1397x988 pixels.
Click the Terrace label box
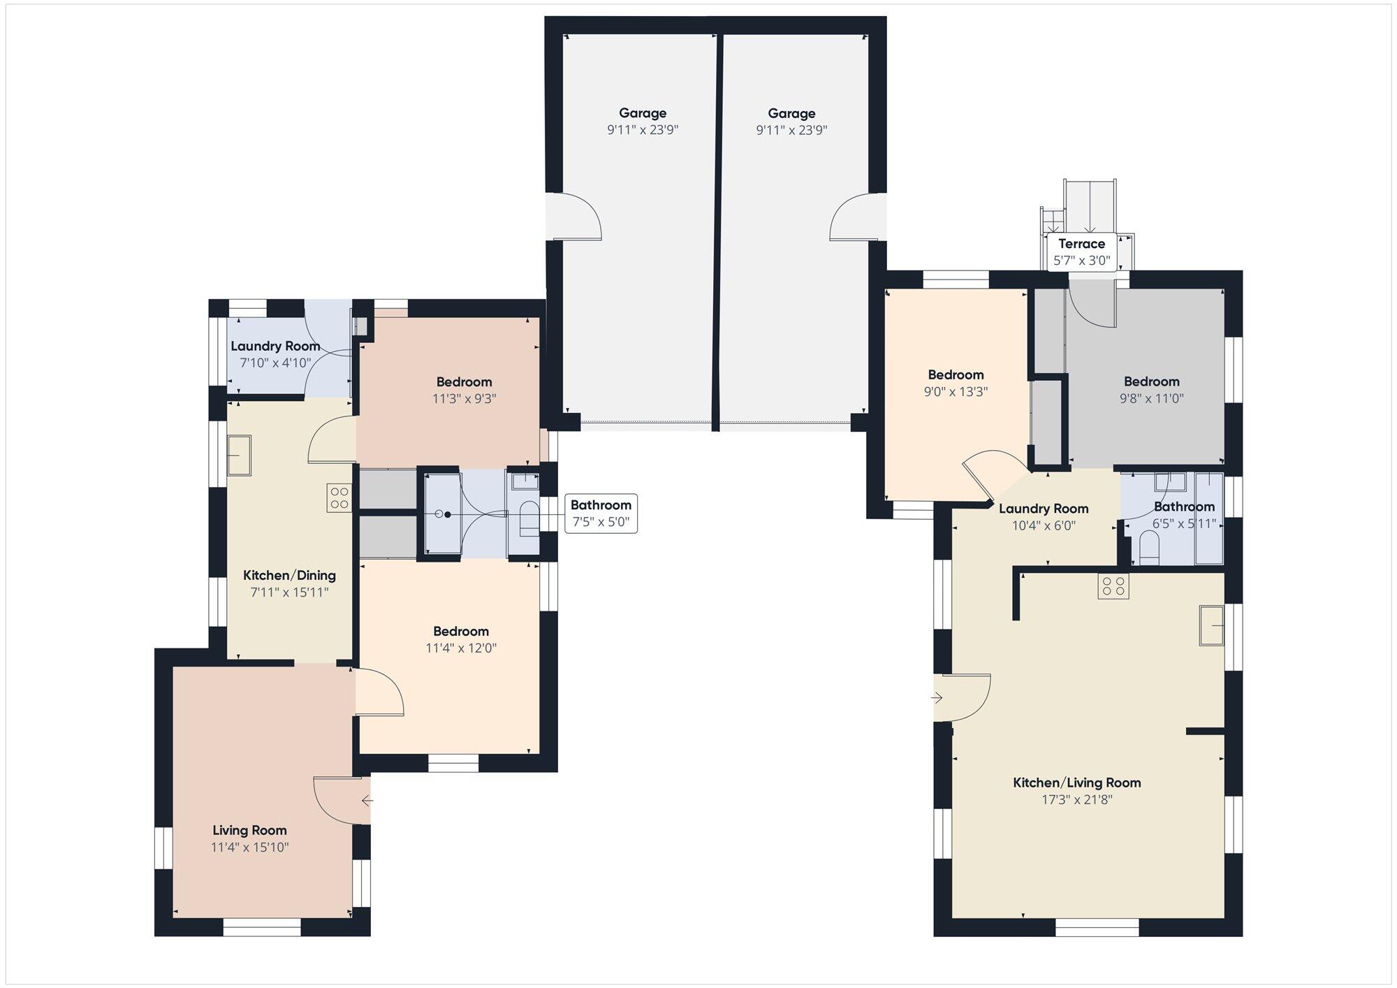pyautogui.click(x=1081, y=252)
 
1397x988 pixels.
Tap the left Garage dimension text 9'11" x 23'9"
pyautogui.click(x=643, y=130)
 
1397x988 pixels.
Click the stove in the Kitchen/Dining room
pyautogui.click(x=339, y=497)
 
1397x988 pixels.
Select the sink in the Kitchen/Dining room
pyautogui.click(x=239, y=455)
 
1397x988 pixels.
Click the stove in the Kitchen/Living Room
pyautogui.click(x=1113, y=586)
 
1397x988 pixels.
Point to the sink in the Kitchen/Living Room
pyautogui.click(x=1212, y=625)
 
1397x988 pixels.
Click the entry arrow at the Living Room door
pyautogui.click(x=367, y=801)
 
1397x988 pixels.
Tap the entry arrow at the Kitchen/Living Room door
pyautogui.click(x=937, y=697)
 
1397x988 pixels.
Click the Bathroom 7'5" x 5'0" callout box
pyautogui.click(x=601, y=514)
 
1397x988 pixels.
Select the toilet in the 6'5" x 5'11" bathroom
pyautogui.click(x=1149, y=546)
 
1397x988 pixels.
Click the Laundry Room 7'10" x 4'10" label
pyautogui.click(x=275, y=354)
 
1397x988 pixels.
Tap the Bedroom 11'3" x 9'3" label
pyautogui.click(x=464, y=390)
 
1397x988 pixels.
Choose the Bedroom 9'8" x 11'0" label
pyautogui.click(x=1151, y=390)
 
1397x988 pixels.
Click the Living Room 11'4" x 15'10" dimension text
pyautogui.click(x=250, y=848)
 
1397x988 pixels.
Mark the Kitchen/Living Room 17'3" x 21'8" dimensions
pyautogui.click(x=1076, y=799)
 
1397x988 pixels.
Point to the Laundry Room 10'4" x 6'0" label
pyautogui.click(x=1044, y=516)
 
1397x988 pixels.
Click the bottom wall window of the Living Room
pyautogui.click(x=262, y=927)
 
